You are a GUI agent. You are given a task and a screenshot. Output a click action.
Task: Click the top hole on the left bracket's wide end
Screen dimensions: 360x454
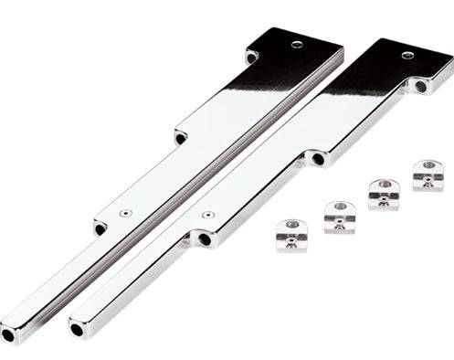pos(296,44)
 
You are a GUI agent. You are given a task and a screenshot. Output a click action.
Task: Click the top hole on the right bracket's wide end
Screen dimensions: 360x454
pos(406,55)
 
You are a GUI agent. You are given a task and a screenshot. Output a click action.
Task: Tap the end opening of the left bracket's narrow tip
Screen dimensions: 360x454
pos(8,336)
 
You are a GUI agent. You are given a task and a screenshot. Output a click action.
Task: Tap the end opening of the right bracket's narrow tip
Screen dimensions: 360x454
pos(75,329)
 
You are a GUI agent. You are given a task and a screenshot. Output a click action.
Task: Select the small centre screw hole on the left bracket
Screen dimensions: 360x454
pos(126,214)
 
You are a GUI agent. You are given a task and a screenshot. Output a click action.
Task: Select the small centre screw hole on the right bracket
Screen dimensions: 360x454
pos(209,213)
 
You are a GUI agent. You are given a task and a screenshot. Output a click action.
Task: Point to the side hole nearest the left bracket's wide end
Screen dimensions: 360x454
pos(251,58)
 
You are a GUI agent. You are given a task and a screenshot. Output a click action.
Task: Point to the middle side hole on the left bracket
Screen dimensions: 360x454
pos(181,138)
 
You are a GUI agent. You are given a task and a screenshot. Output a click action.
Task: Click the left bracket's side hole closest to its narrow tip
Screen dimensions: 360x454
pos(100,228)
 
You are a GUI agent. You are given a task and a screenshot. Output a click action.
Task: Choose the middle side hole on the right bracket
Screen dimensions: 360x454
pos(318,159)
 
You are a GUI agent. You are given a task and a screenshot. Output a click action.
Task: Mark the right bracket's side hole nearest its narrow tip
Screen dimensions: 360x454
pos(205,239)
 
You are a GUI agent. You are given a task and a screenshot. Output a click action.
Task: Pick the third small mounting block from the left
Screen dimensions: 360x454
pos(384,195)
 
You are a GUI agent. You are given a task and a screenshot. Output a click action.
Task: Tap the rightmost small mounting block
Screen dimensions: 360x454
pos(428,175)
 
